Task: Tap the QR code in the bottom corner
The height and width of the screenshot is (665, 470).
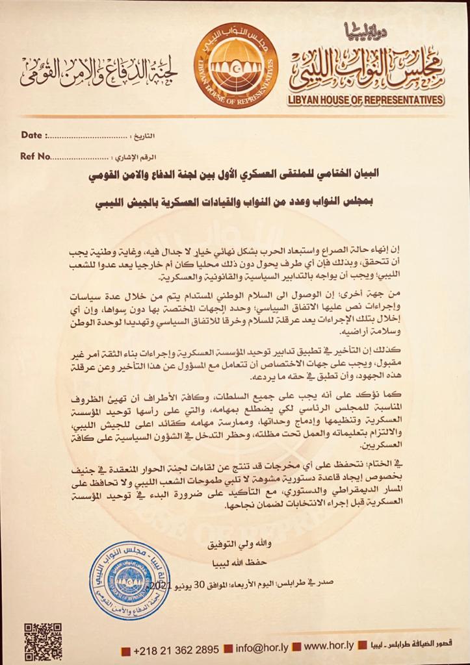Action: tap(44, 641)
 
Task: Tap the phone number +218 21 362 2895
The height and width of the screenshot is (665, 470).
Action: tap(176, 650)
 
